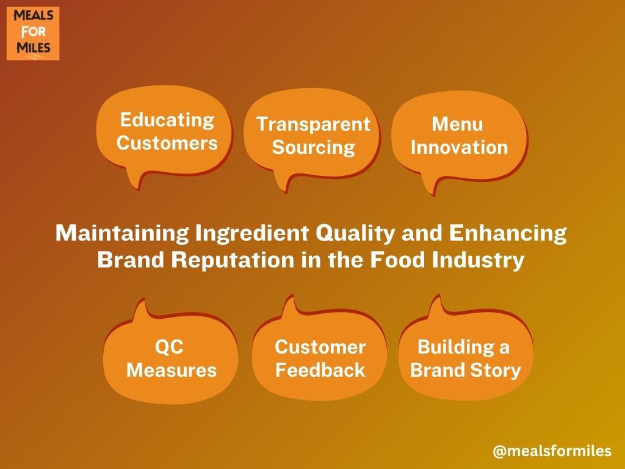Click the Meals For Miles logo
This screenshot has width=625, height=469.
click(33, 34)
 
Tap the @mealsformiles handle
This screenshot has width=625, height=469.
click(552, 451)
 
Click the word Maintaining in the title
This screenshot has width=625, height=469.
click(122, 233)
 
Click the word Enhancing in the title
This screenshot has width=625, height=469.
click(508, 233)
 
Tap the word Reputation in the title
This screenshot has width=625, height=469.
click(233, 261)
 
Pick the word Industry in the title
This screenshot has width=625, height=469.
click(478, 261)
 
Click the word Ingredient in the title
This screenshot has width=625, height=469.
click(252, 233)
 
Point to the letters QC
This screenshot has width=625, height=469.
click(170, 347)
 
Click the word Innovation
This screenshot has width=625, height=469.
click(460, 147)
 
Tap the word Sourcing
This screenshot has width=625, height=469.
click(313, 148)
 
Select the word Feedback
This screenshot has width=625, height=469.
click(320, 369)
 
